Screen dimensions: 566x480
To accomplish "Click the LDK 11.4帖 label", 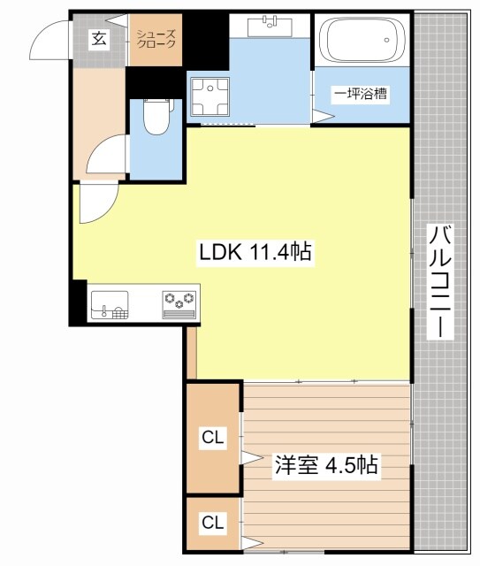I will (253, 252).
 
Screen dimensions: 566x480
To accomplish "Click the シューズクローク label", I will (156, 39).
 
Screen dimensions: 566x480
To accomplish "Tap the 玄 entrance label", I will (98, 40).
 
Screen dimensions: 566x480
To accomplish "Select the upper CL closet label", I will (213, 437).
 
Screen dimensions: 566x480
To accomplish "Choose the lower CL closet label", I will (213, 522).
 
